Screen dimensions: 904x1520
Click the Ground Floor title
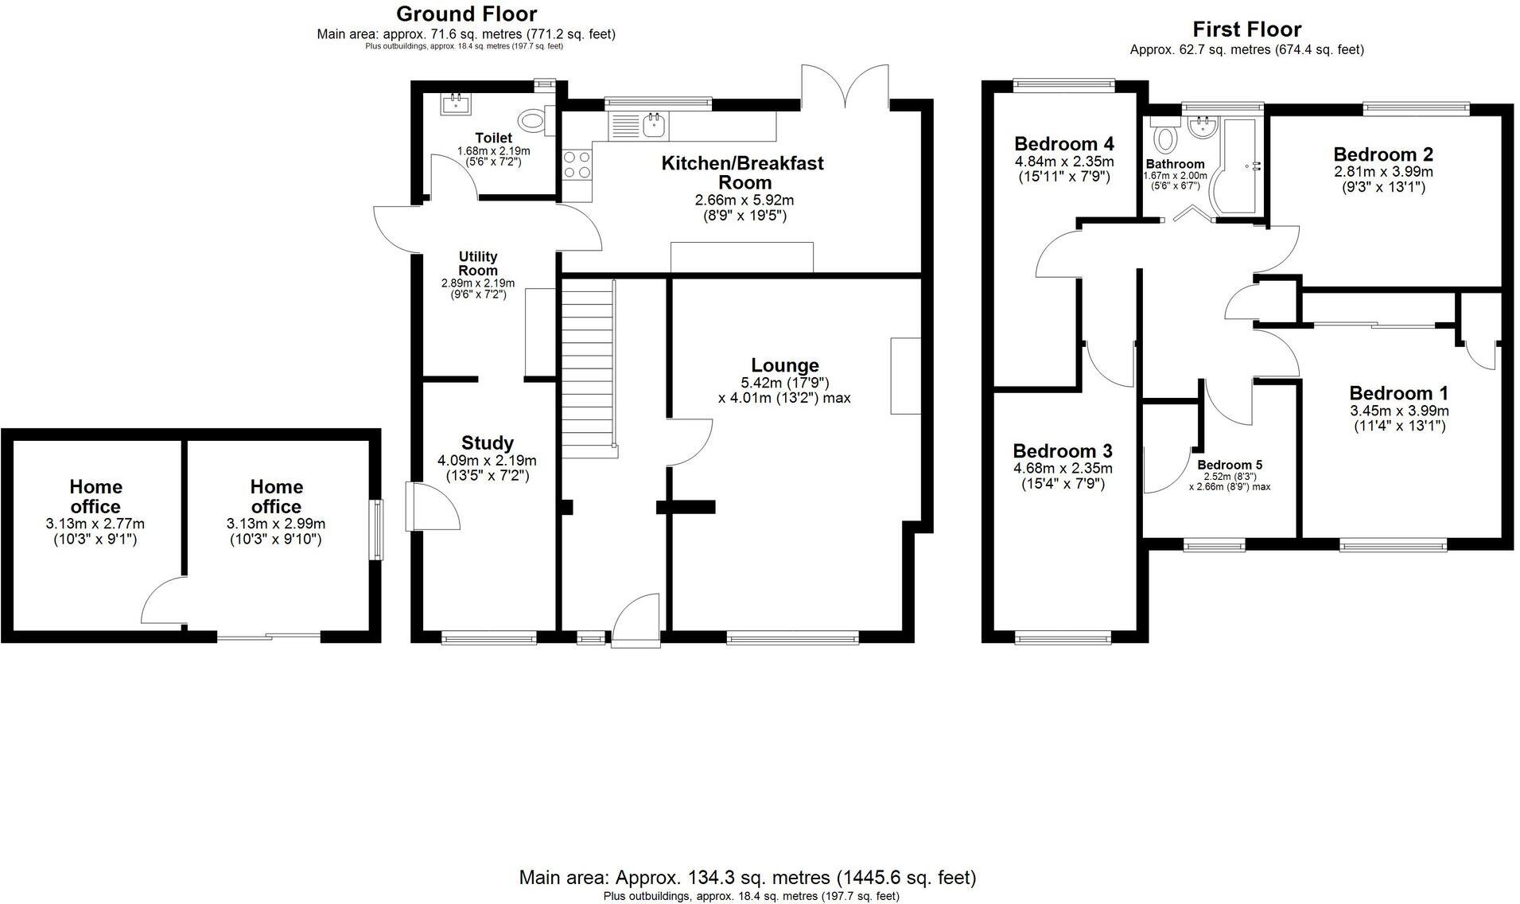(x=466, y=14)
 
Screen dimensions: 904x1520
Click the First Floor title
(x=1246, y=29)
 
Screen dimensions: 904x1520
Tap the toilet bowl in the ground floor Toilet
(x=531, y=121)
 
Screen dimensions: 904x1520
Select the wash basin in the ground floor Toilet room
(x=456, y=103)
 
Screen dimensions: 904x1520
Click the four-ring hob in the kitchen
(x=577, y=164)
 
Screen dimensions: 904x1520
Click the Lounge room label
(x=784, y=365)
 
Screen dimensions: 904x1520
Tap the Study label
(x=487, y=442)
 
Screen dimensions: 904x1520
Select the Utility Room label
(x=477, y=263)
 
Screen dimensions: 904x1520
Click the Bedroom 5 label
(x=1230, y=465)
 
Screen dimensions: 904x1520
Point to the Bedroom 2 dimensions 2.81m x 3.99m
(x=1383, y=172)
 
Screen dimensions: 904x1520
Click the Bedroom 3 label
(x=1062, y=450)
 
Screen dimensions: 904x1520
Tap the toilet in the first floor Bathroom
(x=1166, y=137)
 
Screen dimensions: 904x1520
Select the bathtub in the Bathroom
(x=1233, y=167)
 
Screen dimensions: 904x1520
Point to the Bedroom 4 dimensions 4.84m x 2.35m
(x=1063, y=162)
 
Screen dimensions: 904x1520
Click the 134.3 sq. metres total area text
(x=747, y=878)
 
